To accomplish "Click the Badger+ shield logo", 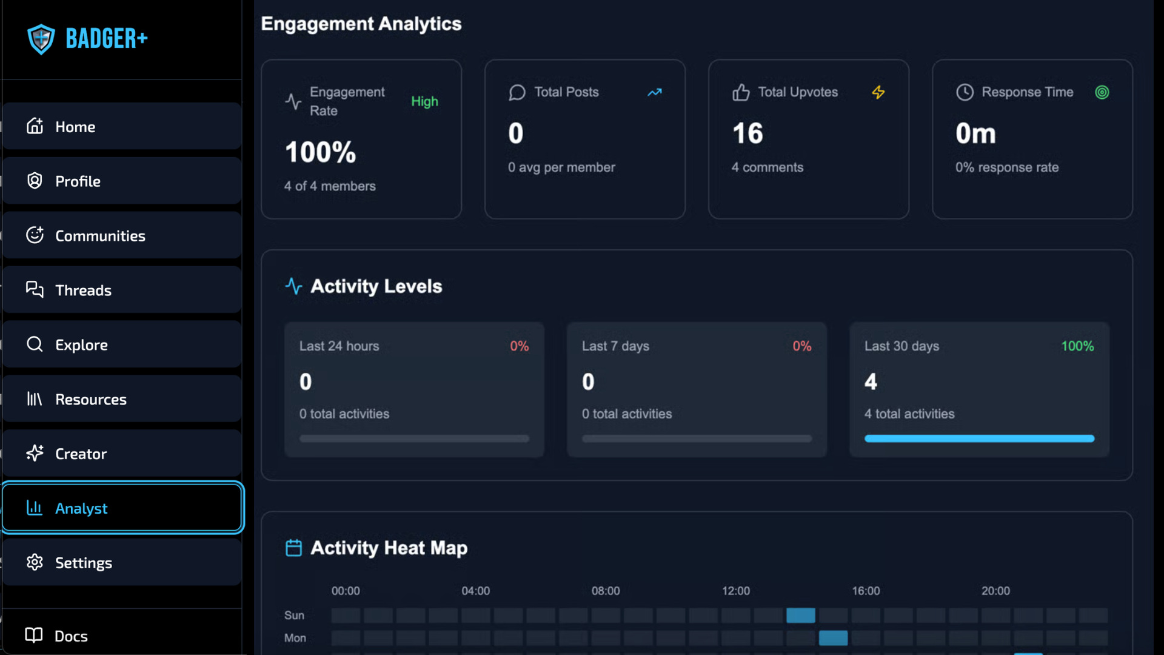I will [41, 39].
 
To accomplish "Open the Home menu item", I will [75, 127].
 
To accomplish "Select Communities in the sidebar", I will [100, 236].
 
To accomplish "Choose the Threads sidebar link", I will [83, 291].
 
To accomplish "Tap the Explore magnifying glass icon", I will [35, 344].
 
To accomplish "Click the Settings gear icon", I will [35, 562].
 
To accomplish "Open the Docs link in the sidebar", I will [71, 636].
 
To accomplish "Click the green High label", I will [424, 101].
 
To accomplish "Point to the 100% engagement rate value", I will [320, 152].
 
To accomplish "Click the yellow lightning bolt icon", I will [878, 92].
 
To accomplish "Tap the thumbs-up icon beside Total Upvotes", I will [741, 92].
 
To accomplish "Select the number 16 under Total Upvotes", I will [748, 133].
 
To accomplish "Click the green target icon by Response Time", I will [1102, 92].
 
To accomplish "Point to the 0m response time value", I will [975, 133].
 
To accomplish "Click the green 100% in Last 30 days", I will [1077, 346].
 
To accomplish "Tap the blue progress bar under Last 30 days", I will [979, 438].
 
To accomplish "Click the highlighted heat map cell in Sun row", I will [800, 616].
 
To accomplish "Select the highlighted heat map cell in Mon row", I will [833, 638].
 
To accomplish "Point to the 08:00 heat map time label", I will [606, 591].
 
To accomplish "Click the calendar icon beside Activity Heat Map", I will [293, 548].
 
